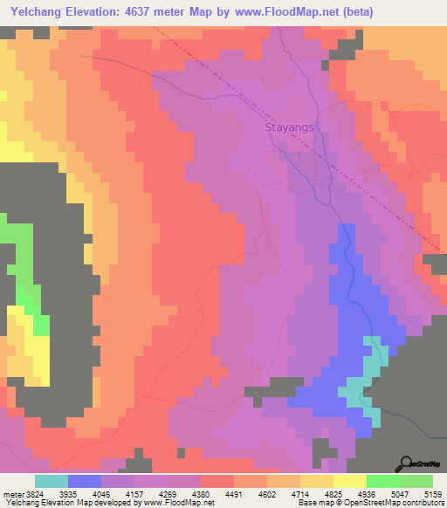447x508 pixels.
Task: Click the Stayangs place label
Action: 288,127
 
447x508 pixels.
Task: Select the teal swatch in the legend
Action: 52,481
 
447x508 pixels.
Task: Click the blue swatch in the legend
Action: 85,481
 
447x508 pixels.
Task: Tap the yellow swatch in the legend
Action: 349,481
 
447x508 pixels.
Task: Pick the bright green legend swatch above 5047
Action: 382,481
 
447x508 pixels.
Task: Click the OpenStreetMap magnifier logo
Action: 404,463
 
